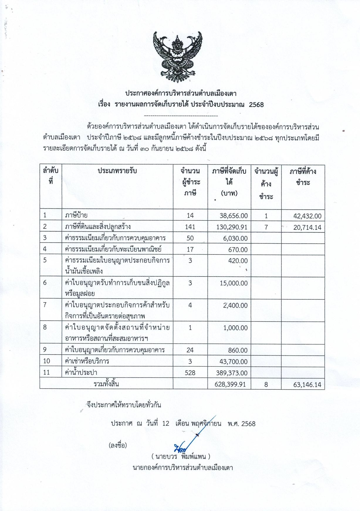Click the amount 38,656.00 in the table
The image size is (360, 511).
(x=234, y=216)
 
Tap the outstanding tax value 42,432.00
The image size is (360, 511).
(x=307, y=216)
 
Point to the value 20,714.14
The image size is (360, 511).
(x=307, y=227)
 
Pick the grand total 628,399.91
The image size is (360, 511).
(x=230, y=384)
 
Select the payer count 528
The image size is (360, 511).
(x=190, y=373)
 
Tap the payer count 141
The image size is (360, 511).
(x=190, y=227)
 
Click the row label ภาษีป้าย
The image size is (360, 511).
(x=76, y=215)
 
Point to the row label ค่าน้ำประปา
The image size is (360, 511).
(x=81, y=373)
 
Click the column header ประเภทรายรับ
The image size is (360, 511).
(x=117, y=171)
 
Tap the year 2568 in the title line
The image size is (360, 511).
(x=256, y=104)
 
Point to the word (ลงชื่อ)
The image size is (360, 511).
(x=118, y=445)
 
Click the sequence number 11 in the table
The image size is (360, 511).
(x=46, y=372)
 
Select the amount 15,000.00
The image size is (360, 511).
(x=234, y=283)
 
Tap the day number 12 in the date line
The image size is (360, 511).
(x=166, y=424)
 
